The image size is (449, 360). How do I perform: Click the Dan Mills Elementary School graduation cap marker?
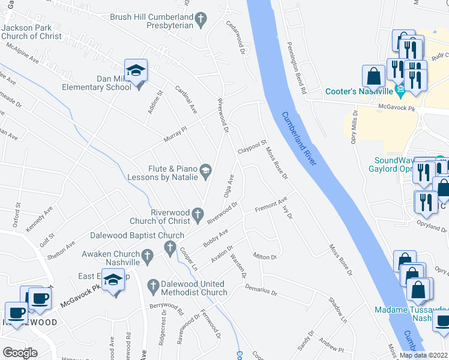coord(136,71)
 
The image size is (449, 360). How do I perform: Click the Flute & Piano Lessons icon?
coord(206,172)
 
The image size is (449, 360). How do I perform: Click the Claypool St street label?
coord(252,146)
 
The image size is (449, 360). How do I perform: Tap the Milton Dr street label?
coord(265,257)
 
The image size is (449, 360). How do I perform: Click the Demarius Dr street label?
coord(261,290)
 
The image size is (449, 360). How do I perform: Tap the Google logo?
coord(20,353)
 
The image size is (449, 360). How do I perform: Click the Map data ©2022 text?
coord(423,355)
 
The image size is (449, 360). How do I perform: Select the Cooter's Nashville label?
coord(358,92)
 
